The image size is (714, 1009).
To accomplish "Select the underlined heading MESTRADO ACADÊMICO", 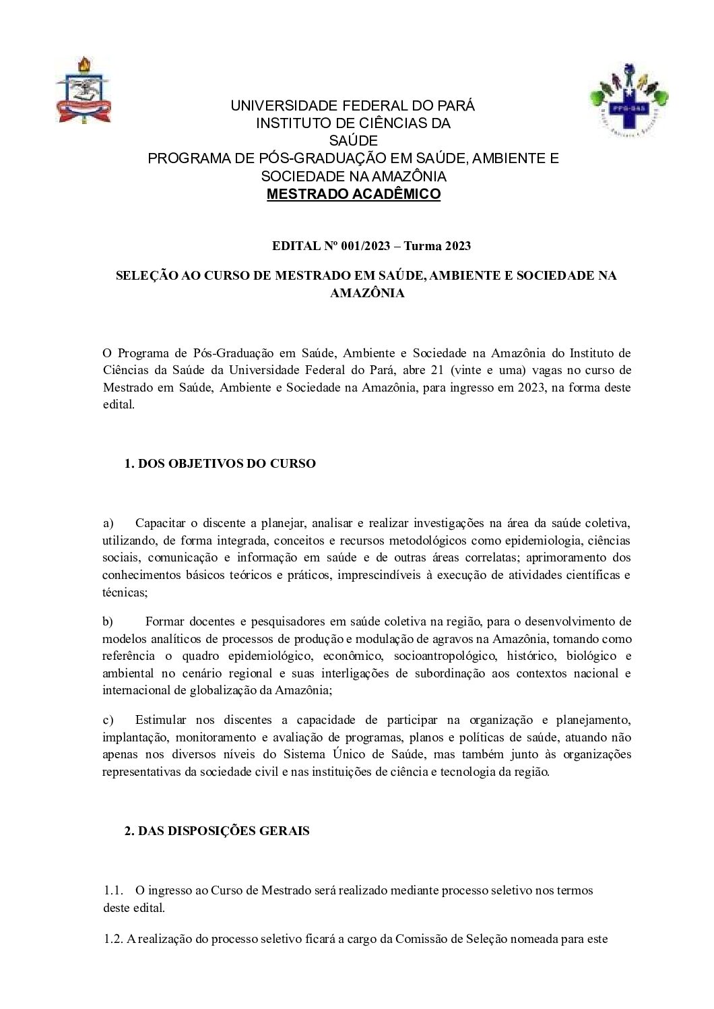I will [x=354, y=195].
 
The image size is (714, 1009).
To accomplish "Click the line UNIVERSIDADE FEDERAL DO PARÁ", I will [x=353, y=106].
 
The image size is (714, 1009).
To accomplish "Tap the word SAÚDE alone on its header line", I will [x=354, y=141].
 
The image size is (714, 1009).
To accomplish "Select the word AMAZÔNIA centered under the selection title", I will [x=367, y=293].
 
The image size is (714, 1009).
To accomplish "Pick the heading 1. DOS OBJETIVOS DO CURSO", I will [x=220, y=464].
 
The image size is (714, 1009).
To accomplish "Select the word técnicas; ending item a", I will [x=125, y=592].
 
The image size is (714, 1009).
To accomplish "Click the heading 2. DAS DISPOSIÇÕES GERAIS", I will [x=217, y=831].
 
